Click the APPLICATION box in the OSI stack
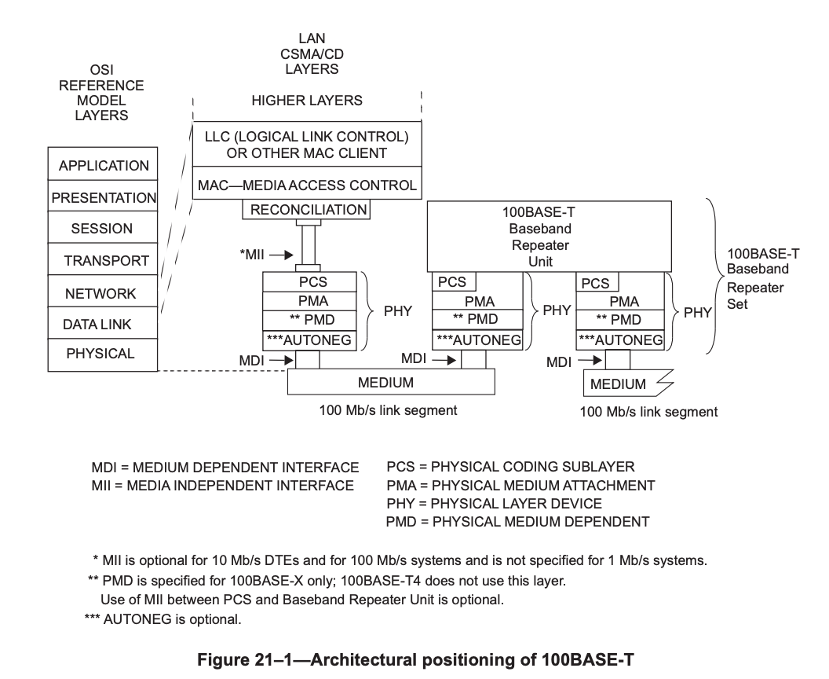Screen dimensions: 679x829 tap(103, 166)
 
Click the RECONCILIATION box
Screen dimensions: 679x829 tap(309, 210)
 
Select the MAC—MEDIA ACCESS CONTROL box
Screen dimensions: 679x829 tap(307, 185)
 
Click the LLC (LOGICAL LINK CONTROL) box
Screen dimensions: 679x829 tap(307, 145)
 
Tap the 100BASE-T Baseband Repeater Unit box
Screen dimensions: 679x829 tap(549, 236)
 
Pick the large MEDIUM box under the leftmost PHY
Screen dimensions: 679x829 tap(390, 382)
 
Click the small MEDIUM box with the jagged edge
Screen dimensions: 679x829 tap(619, 384)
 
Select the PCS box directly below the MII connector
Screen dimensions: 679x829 tap(309, 282)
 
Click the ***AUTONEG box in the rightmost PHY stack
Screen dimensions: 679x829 tap(620, 339)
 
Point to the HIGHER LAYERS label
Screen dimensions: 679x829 tap(307, 101)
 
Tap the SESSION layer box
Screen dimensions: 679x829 tap(102, 229)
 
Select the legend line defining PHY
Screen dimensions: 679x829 tap(495, 503)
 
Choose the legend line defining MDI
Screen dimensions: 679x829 tap(225, 468)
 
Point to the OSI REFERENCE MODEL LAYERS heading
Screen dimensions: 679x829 tap(102, 93)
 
